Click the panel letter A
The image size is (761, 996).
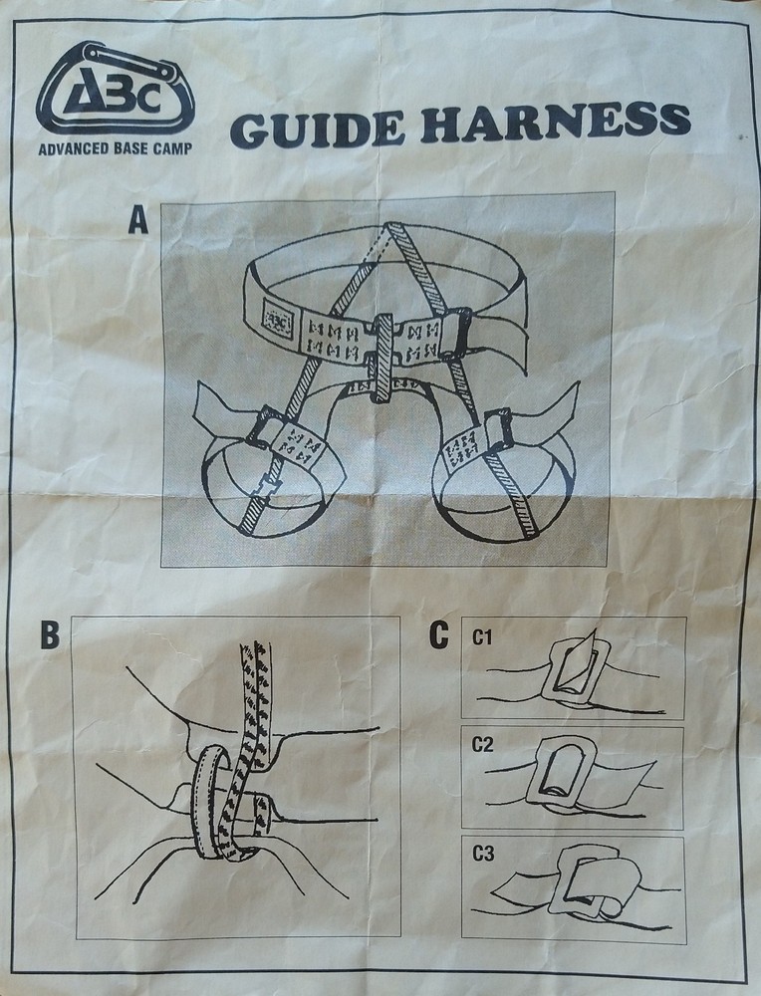[x=137, y=219]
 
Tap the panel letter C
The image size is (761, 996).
[x=438, y=634]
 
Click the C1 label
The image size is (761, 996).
[x=484, y=638]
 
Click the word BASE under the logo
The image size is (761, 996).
[x=138, y=151]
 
